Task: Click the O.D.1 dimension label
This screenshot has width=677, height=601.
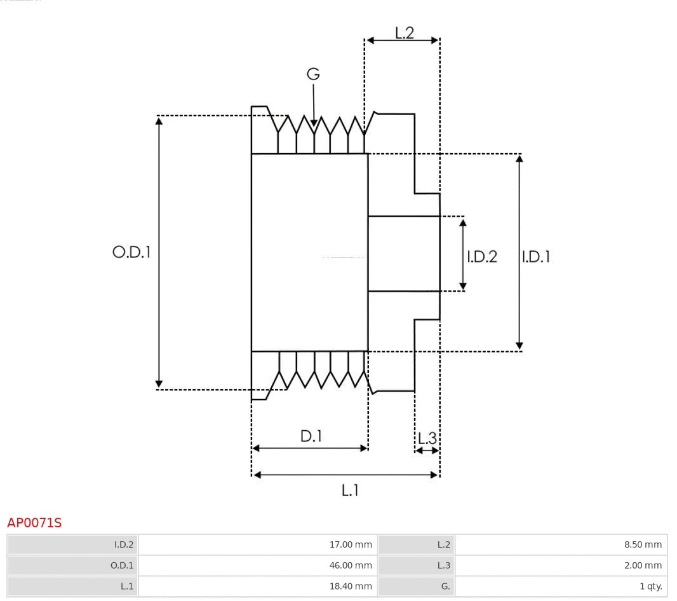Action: coord(131,252)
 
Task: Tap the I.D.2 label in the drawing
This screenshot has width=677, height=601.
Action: coord(482,257)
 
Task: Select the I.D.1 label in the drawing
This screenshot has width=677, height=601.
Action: coord(536,257)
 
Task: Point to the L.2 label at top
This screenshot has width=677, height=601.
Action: coord(405,33)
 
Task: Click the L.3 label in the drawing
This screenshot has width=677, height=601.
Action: coord(427,438)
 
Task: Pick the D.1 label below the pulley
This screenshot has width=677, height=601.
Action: coord(311,436)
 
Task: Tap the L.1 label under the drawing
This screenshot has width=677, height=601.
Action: coord(351,490)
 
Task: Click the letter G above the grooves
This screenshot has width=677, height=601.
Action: coord(313,74)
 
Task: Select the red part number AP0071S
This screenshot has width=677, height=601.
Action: coord(34,523)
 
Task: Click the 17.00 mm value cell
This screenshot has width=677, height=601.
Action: coord(258,544)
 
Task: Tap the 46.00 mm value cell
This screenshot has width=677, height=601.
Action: coord(258,565)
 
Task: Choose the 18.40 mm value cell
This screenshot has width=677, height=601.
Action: coord(258,586)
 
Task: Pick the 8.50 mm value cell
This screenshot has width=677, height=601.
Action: coord(561,544)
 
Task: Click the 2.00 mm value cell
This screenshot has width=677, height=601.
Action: coord(561,565)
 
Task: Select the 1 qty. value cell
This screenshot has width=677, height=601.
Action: coord(561,586)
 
